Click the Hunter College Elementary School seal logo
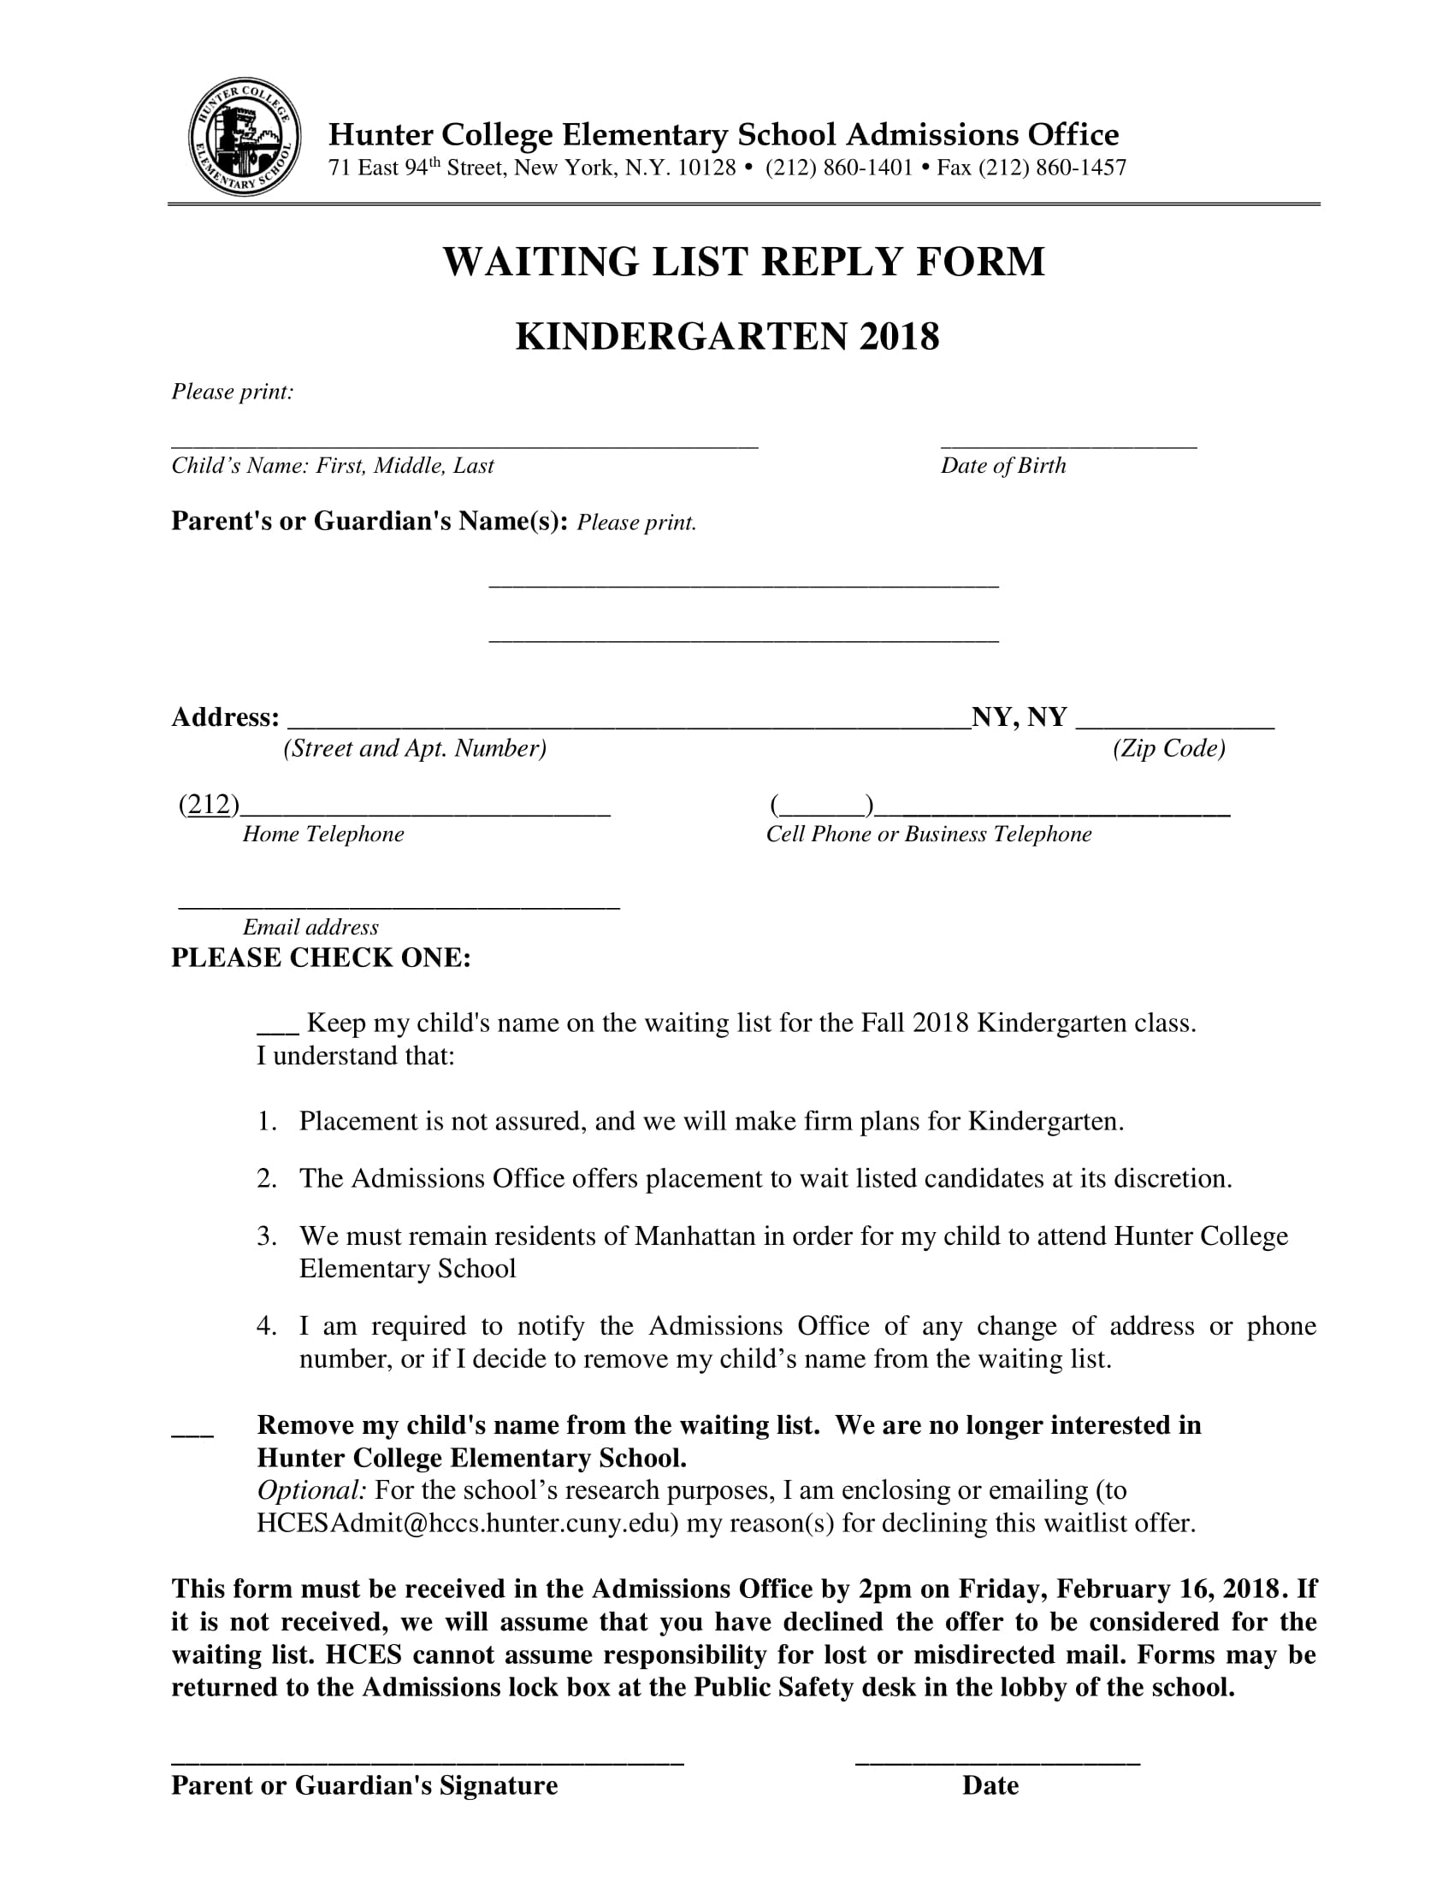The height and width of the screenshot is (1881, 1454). (x=245, y=138)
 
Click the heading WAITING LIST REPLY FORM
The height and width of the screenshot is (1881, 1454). (x=743, y=262)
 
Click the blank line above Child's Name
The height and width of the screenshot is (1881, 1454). (x=464, y=444)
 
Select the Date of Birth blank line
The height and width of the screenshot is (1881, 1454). (x=1068, y=444)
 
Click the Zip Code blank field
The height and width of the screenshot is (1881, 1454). (x=1175, y=725)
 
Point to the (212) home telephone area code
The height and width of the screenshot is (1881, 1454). (x=210, y=805)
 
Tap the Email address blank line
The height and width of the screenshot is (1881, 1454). (x=399, y=905)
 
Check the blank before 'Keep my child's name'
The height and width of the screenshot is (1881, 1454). (x=277, y=1029)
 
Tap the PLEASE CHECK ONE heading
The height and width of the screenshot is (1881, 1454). (x=322, y=958)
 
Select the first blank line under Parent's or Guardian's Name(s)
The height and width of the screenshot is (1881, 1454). (x=743, y=585)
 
